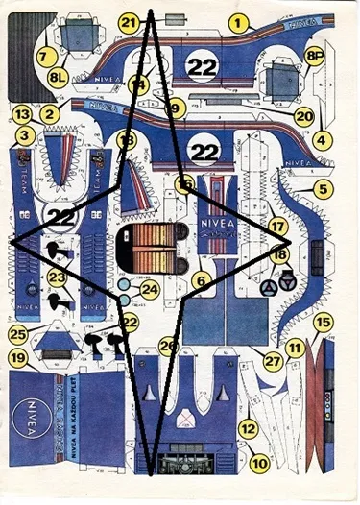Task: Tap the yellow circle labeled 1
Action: (x=238, y=20)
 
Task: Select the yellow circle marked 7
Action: (x=42, y=57)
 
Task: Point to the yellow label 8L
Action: (x=59, y=74)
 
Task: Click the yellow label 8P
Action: (x=314, y=57)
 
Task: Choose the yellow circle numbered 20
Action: (x=305, y=115)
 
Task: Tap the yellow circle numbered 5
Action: (x=322, y=189)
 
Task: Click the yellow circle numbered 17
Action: (x=278, y=228)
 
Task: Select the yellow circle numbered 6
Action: (x=200, y=281)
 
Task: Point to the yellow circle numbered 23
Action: (x=57, y=278)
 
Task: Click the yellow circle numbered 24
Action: (x=149, y=288)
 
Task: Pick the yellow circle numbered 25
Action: (x=17, y=335)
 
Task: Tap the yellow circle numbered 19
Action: (x=17, y=358)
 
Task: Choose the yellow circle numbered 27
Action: (x=273, y=362)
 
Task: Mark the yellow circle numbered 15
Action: (x=324, y=324)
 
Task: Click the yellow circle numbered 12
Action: (x=248, y=429)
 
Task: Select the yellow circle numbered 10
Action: (x=258, y=463)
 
